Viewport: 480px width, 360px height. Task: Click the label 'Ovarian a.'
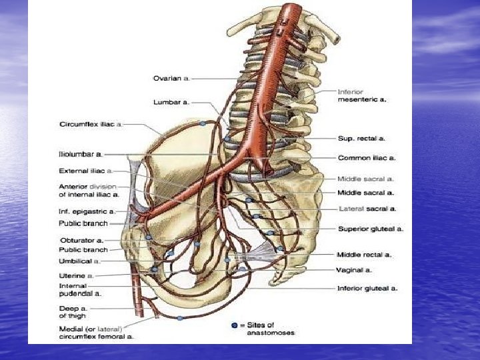tap(172, 78)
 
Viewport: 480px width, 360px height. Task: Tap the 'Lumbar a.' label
tap(171, 103)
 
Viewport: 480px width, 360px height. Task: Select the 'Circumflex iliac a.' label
tap(91, 124)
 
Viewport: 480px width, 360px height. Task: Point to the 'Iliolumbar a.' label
tap(81, 154)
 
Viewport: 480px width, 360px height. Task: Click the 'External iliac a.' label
tap(85, 171)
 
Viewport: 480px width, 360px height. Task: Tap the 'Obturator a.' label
tap(81, 240)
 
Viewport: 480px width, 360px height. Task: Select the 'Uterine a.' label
tap(77, 275)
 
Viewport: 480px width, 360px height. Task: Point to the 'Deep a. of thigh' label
tap(73, 313)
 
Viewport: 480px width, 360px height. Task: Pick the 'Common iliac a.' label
tap(366, 158)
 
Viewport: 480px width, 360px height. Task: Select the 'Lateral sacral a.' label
tap(367, 209)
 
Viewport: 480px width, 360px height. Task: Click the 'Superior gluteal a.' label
tap(371, 229)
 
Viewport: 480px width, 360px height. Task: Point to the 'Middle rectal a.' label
tap(364, 254)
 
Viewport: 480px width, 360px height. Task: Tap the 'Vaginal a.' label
tap(353, 270)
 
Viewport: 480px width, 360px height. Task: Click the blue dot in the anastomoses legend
tap(234, 325)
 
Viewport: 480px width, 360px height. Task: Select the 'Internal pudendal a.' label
tap(80, 289)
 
